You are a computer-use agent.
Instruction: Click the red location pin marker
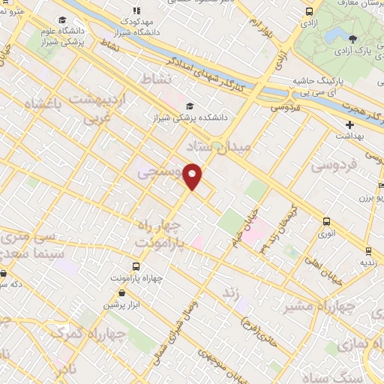193,175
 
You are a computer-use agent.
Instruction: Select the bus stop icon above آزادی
309,11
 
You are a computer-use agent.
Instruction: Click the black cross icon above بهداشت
350,124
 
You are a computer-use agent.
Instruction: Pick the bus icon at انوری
326,221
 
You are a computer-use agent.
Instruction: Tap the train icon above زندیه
368,250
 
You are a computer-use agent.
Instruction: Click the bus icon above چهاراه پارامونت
136,266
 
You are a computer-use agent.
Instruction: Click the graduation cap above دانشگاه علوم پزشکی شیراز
63,19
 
